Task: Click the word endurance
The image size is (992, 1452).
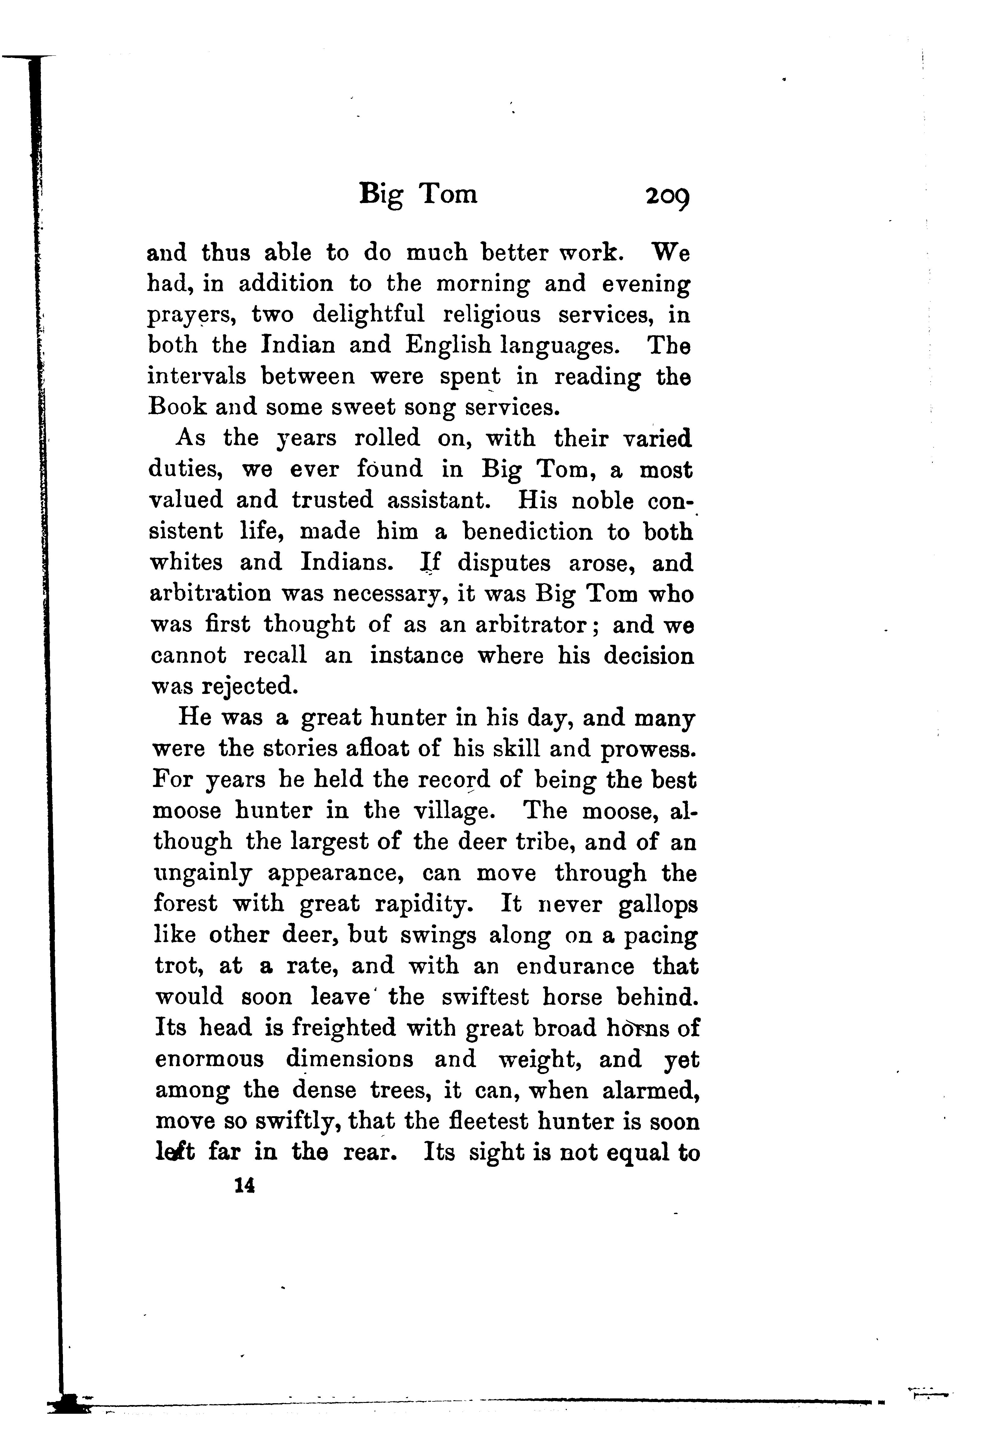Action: (x=575, y=966)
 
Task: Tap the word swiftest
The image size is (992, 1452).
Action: (x=484, y=997)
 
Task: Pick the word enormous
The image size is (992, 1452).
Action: (x=209, y=1060)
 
